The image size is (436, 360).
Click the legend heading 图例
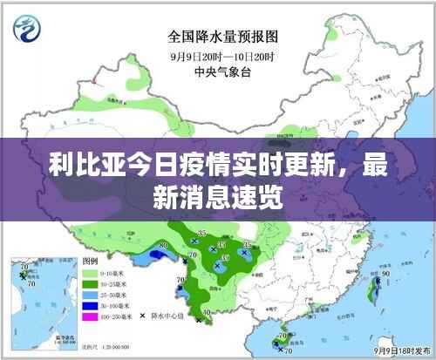[89, 261]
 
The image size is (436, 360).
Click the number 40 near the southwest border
[206, 312]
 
